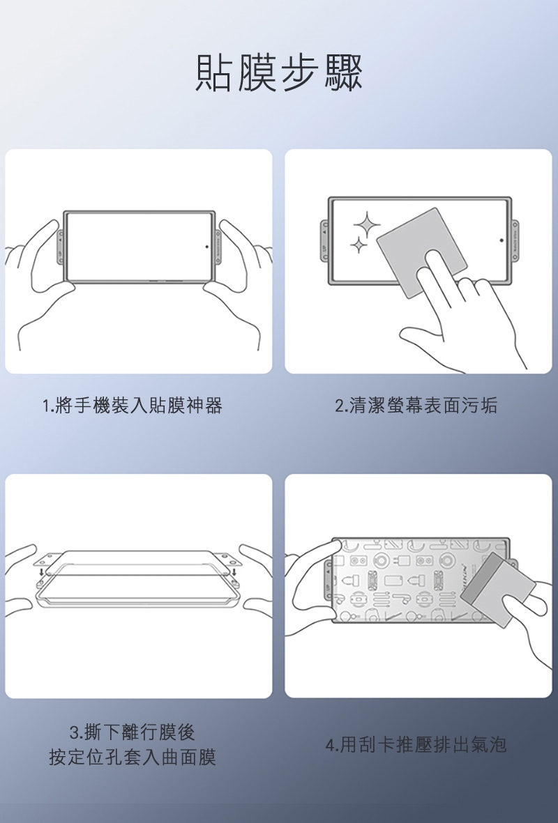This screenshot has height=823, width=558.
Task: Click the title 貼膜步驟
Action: (x=279, y=73)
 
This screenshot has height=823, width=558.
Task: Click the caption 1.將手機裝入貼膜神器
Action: (x=133, y=405)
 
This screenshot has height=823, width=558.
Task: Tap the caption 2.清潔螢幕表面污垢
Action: (x=416, y=405)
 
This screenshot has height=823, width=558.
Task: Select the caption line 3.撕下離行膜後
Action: (x=133, y=732)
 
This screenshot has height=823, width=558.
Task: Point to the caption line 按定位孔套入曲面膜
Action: (x=133, y=757)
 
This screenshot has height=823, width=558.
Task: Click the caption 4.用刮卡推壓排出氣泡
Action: (x=416, y=744)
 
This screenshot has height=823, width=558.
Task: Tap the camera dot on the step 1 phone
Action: (x=206, y=246)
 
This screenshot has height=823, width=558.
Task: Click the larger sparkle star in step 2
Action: (x=367, y=225)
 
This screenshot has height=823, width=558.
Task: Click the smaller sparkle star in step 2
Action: (x=358, y=245)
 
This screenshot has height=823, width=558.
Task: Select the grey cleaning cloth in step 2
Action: (x=421, y=252)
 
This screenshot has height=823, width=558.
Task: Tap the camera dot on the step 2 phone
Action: (x=502, y=240)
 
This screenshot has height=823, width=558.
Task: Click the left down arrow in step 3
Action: (x=42, y=571)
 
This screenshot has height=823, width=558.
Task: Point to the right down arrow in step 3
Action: (x=233, y=571)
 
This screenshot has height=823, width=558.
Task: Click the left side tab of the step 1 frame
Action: (x=61, y=247)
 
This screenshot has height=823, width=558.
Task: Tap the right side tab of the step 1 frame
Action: (x=218, y=247)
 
